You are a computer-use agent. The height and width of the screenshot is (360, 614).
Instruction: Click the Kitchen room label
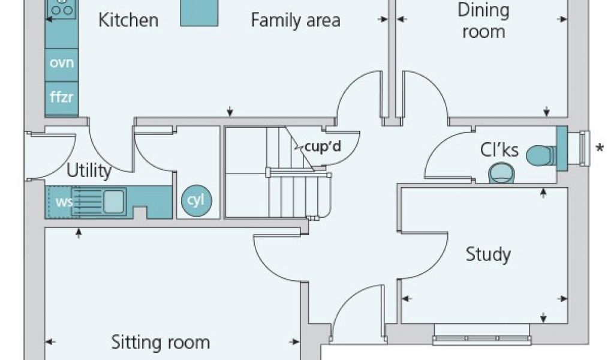click(x=128, y=20)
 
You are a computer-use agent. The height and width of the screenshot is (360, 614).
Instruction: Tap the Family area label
click(x=295, y=20)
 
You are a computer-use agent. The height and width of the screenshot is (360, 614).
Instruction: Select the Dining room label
click(x=483, y=21)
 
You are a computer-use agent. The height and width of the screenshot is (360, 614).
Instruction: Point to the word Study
click(x=488, y=254)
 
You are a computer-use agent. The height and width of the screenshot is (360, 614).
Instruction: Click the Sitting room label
click(x=160, y=343)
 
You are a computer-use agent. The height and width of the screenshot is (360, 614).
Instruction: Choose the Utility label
click(x=89, y=171)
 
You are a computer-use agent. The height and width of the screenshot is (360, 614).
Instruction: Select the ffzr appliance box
click(x=61, y=96)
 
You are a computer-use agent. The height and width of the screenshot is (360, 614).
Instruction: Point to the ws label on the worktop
click(x=64, y=201)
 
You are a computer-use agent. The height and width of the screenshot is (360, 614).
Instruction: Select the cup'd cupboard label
click(x=323, y=146)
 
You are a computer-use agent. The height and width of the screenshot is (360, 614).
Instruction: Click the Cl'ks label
click(x=499, y=149)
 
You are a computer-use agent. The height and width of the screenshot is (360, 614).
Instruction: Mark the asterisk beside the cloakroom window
click(x=599, y=147)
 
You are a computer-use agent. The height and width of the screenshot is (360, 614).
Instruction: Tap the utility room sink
click(x=114, y=201)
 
